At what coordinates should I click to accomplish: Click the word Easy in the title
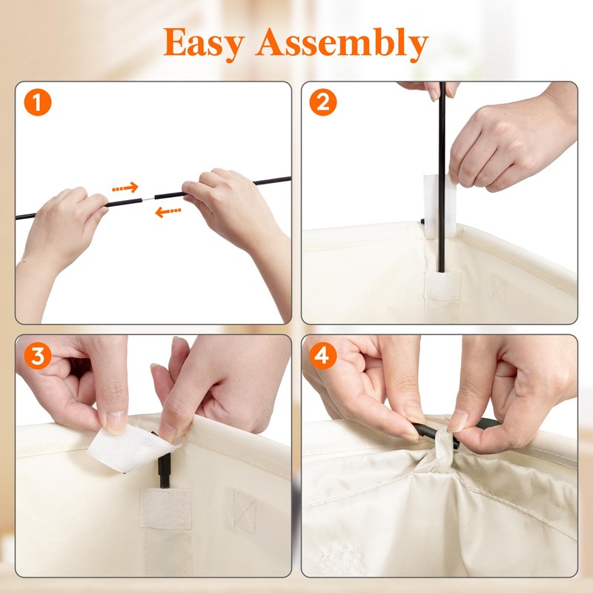coord(205,44)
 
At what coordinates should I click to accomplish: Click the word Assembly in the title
coord(342,44)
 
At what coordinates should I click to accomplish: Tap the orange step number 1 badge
coord(38,102)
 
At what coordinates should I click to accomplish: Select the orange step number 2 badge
coord(323,102)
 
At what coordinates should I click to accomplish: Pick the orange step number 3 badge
coord(38,356)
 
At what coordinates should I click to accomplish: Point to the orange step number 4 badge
coord(323,356)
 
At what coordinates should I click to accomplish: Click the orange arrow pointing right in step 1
coord(125,188)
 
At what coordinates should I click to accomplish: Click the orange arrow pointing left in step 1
coord(168,212)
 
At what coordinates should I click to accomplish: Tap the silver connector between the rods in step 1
coord(149,199)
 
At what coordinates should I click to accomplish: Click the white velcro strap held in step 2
coord(440,206)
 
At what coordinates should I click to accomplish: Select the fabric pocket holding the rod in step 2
coord(443,285)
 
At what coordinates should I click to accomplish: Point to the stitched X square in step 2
coord(498,288)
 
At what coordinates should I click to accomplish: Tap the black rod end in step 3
coord(165,468)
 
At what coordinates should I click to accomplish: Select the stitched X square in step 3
coord(244,511)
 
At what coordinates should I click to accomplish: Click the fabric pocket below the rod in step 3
coord(166,508)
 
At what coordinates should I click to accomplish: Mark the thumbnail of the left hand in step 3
coord(116,422)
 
